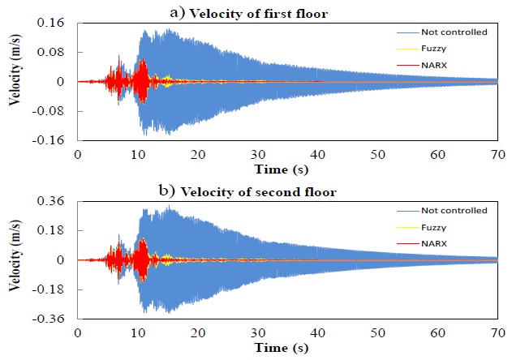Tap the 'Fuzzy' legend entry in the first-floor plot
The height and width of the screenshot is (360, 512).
[x=432, y=49]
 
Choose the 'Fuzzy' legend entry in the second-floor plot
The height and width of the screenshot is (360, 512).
[x=432, y=227]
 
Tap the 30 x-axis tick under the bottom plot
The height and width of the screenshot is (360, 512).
[x=257, y=332]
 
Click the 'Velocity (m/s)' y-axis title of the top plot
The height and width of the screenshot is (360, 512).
[x=12, y=81]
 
